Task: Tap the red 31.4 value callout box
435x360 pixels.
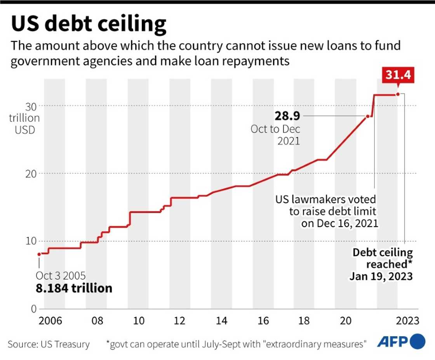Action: pyautogui.click(x=397, y=75)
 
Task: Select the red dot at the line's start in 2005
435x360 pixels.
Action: pyautogui.click(x=39, y=254)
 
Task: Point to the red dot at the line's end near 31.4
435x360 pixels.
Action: pyautogui.click(x=397, y=94)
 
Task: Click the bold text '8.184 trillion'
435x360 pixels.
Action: pyautogui.click(x=74, y=288)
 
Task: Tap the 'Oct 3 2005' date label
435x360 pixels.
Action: pyautogui.click(x=61, y=276)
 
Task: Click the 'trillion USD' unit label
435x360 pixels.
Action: pyautogui.click(x=24, y=124)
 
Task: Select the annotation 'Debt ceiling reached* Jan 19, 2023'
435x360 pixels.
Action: pyautogui.click(x=382, y=264)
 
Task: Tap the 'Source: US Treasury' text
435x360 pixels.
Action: pyautogui.click(x=49, y=344)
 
